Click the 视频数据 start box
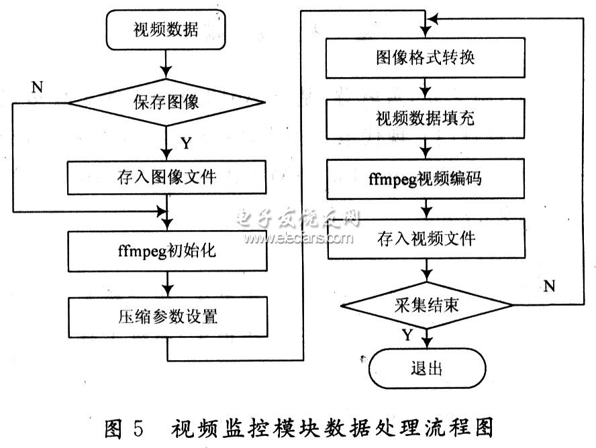coord(166,30)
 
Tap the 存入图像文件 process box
coord(166,178)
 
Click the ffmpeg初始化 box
coord(166,251)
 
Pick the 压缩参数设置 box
coord(166,315)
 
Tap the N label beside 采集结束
coord(549,286)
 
